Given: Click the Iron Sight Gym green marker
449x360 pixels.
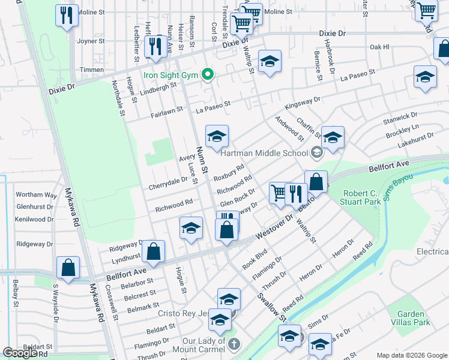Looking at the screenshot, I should coord(208,75).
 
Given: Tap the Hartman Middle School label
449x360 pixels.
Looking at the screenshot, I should coord(264,153).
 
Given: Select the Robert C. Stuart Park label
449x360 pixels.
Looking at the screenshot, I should coord(361,197).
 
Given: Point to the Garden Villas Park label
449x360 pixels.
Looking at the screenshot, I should coord(414,318).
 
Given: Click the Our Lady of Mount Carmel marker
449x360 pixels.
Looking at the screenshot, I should coord(234,344).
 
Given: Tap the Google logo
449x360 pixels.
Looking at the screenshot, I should coord(20,353).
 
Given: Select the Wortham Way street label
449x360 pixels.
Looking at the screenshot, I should coord(37,194).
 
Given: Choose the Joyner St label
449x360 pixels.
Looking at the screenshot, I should coord(91,41).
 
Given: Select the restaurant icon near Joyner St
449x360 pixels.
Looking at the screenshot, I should coord(155,46).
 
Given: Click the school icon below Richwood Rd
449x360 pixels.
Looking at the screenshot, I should coord(191,229).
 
